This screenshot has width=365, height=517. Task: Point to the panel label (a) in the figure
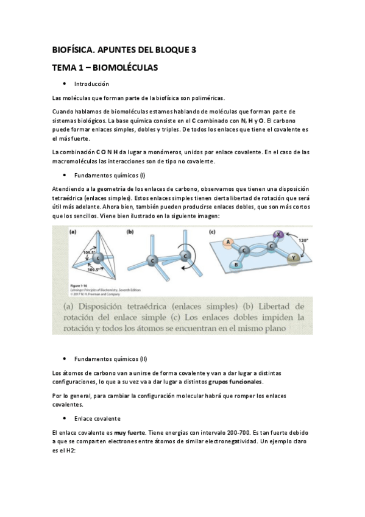point(73,232)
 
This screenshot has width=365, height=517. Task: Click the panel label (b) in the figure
point(130,232)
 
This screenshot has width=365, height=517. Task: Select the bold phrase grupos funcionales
point(235,382)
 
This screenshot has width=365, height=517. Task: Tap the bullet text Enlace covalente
point(97,419)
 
